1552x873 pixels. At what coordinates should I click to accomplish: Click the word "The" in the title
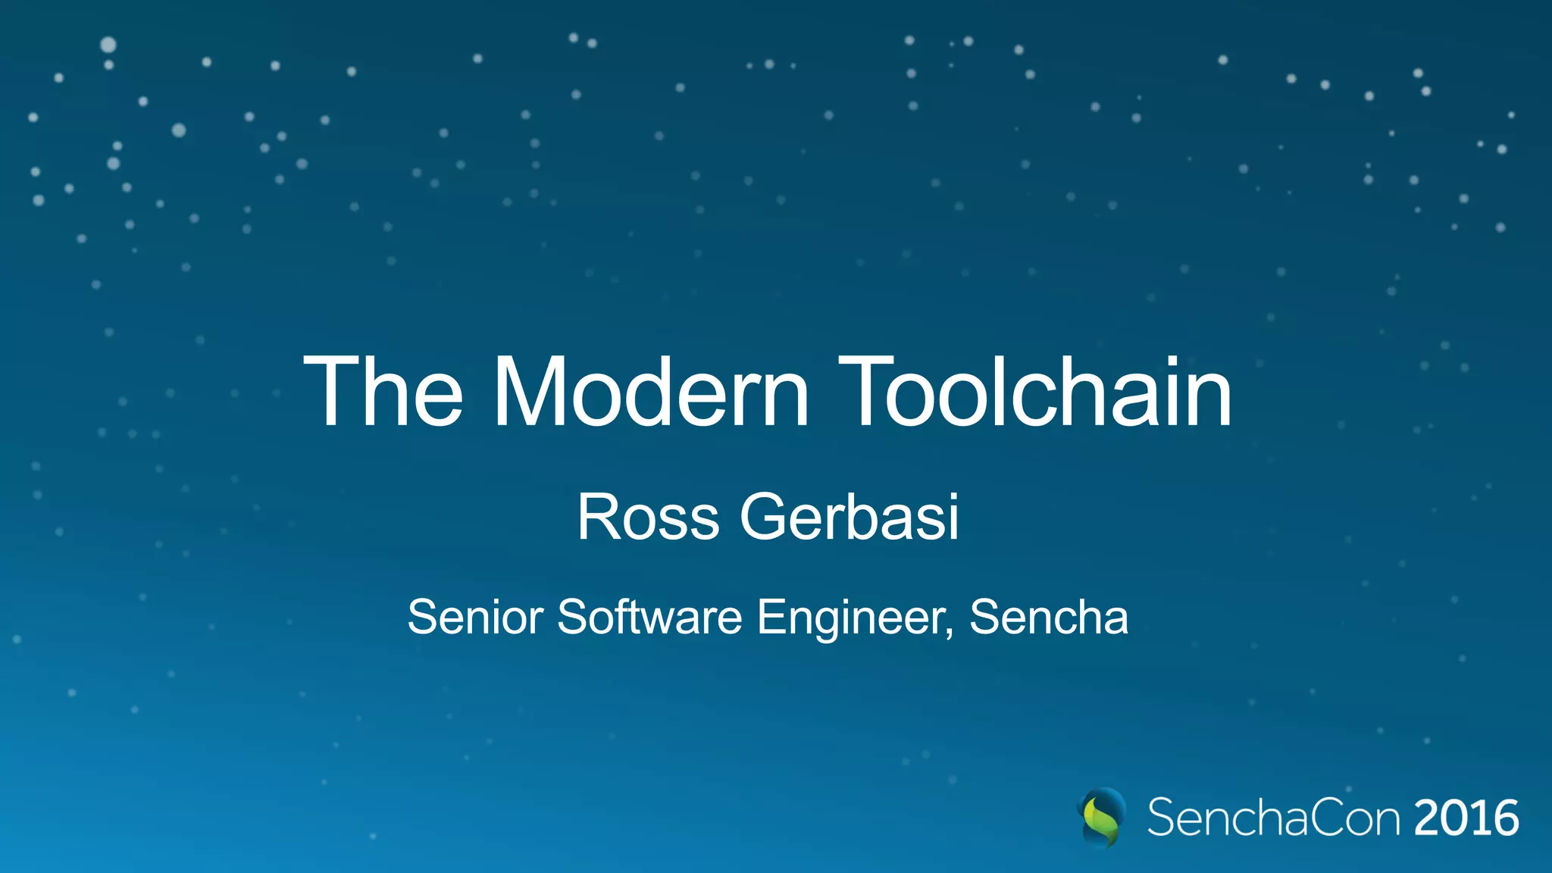(383, 393)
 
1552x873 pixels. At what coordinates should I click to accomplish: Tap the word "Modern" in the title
(652, 393)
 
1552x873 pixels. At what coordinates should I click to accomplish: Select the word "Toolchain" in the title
(1034, 393)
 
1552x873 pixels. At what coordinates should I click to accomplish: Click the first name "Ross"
(648, 518)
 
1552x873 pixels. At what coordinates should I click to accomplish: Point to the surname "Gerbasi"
(850, 518)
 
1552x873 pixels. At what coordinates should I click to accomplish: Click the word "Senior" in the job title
(475, 617)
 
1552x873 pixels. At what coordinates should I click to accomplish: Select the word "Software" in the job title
(649, 617)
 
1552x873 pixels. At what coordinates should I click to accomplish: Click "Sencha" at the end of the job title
(1049, 617)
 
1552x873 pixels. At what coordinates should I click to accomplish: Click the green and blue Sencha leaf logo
(1101, 818)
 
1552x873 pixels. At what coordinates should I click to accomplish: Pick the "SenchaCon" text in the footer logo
(1274, 818)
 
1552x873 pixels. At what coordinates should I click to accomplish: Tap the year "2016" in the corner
(1466, 818)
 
